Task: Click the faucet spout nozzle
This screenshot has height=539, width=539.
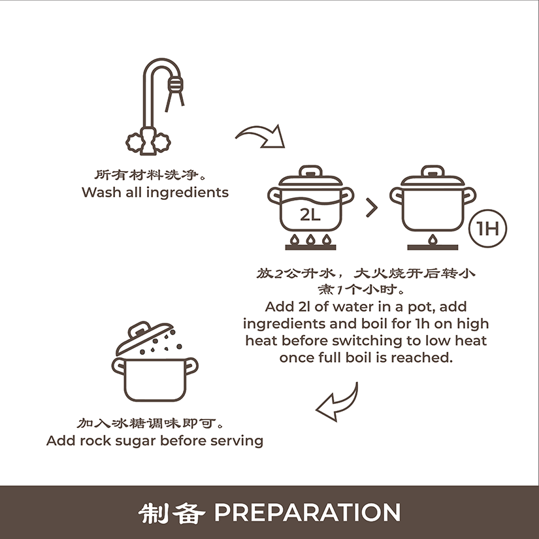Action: pos(175,84)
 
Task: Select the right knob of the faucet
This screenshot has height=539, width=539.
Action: pos(161,142)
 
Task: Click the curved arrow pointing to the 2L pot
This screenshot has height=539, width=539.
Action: pos(261,137)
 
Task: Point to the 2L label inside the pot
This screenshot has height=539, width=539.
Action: pos(310,215)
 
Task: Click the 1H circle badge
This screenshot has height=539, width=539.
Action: pos(487,228)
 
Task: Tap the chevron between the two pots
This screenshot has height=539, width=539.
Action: pos(372,208)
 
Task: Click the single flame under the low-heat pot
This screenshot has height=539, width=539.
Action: pos(433,239)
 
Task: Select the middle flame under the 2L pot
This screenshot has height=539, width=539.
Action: pos(310,239)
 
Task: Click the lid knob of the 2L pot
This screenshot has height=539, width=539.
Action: pos(310,171)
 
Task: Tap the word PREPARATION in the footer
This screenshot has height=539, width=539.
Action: pos(307,512)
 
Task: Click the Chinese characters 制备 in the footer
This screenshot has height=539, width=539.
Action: pos(172,514)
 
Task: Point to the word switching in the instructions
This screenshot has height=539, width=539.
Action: pos(367,341)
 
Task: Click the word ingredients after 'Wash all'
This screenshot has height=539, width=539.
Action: pos(188,193)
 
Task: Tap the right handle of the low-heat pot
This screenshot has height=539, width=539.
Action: pos(469,195)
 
